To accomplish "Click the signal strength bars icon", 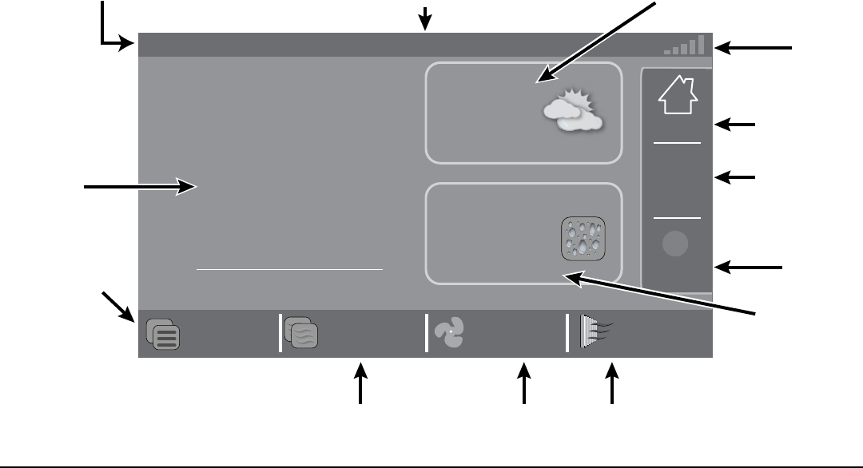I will pyautogui.click(x=685, y=45).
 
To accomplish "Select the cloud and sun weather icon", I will pyautogui.click(x=571, y=112).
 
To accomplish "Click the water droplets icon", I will pyautogui.click(x=583, y=238).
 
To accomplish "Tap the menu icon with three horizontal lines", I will pyautogui.click(x=163, y=334).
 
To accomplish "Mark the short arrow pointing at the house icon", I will pyautogui.click(x=734, y=125).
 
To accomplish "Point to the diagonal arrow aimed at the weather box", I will pyautogui.click(x=595, y=41).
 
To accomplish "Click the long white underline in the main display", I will pyautogui.click(x=289, y=270).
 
